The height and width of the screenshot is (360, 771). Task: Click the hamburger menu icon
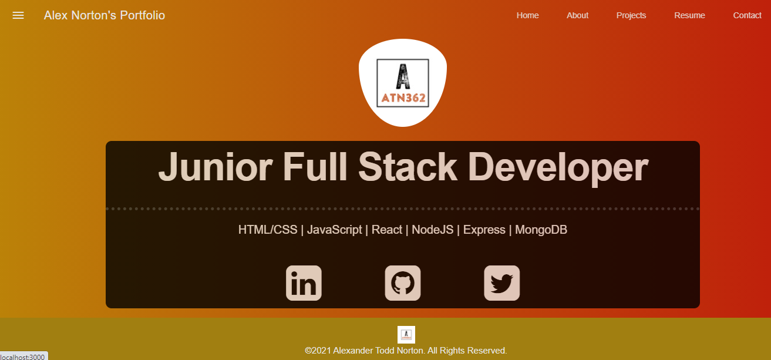coord(18,15)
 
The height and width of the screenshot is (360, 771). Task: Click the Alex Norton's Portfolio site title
coord(104,15)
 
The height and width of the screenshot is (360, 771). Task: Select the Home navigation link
coord(527,15)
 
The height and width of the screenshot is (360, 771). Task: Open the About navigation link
coord(577,15)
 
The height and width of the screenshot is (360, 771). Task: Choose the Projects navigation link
coord(631,15)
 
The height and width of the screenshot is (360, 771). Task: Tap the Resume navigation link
coord(689,15)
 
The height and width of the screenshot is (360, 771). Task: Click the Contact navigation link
coord(747,15)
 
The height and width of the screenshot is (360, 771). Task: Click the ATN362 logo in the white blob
coord(403,83)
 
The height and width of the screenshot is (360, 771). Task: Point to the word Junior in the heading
coord(215,167)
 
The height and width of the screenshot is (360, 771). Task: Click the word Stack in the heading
coord(408,167)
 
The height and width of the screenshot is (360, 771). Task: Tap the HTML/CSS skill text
coord(268,230)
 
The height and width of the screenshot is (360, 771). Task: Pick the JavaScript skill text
coord(334,230)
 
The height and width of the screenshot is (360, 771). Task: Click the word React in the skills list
coord(387,230)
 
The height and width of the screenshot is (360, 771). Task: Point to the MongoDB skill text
coord(541,230)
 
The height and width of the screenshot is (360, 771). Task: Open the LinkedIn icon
coord(304,283)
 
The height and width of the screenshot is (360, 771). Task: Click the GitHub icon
coord(403,283)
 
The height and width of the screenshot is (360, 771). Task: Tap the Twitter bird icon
coord(501,283)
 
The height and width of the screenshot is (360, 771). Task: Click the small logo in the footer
coord(406,335)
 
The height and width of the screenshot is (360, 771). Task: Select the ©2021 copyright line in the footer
coord(406,351)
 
